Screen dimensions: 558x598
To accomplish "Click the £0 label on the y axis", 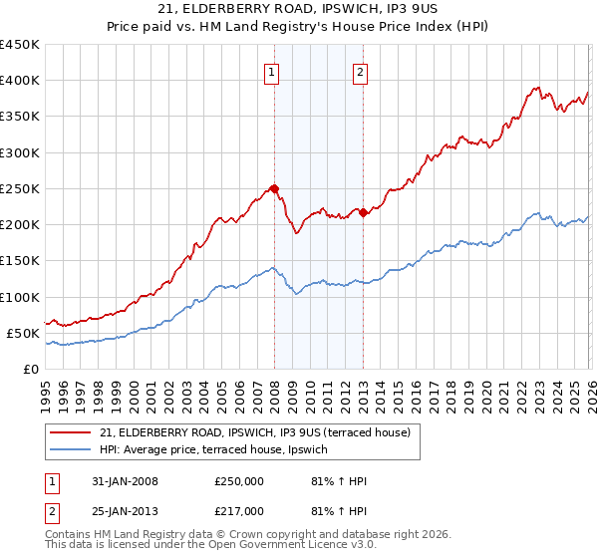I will [x=30, y=369].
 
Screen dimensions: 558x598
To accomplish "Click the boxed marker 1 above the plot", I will [x=272, y=71].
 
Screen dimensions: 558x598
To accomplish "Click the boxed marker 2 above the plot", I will [x=360, y=71].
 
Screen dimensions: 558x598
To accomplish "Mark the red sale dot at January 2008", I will [x=274, y=188].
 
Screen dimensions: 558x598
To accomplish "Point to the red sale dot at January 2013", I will [x=363, y=212].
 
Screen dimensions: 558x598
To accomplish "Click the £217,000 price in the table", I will [x=239, y=510].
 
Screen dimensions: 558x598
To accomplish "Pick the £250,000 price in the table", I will [x=239, y=481].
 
